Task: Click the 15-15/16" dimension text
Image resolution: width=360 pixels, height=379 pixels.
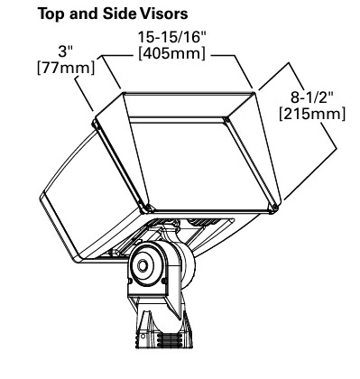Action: tap(172, 38)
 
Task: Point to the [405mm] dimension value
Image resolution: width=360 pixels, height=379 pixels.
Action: tap(172, 53)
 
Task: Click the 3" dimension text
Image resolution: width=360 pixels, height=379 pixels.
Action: tap(66, 51)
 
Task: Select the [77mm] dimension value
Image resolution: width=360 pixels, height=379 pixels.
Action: tap(66, 67)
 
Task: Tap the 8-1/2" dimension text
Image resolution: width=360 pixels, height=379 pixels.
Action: tap(313, 97)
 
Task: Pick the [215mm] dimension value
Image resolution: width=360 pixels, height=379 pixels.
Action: tap(313, 114)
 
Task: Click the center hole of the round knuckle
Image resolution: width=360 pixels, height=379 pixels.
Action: tap(142, 266)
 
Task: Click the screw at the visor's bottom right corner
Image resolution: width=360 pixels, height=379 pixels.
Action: tap(274, 208)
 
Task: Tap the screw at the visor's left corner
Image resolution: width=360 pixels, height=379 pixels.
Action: tap(96, 124)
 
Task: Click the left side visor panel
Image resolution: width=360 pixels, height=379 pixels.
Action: tap(123, 151)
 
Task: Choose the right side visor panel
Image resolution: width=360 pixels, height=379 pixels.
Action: tap(255, 147)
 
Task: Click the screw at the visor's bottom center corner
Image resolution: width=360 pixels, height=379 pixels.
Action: tap(147, 208)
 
